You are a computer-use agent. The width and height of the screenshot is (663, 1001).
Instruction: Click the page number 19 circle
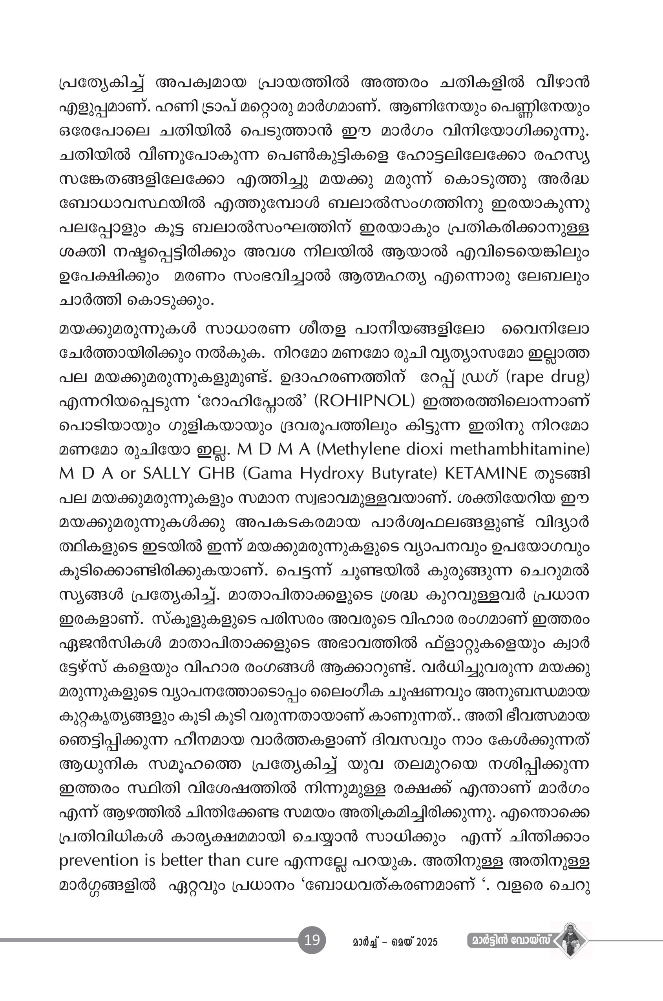[312, 940]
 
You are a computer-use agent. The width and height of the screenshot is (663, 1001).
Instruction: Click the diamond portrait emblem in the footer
[570, 941]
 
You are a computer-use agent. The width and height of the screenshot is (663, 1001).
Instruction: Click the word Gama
[267, 473]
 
